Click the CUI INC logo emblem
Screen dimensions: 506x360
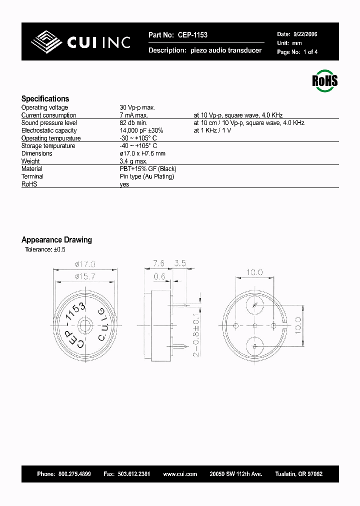(x=47, y=42)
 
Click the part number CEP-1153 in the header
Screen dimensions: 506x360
(x=191, y=35)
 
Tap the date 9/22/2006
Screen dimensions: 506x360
(x=304, y=34)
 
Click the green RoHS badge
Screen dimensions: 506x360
(x=325, y=81)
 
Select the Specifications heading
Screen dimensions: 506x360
(x=45, y=99)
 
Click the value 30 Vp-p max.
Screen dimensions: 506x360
(x=137, y=107)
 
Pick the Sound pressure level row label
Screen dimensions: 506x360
(x=49, y=123)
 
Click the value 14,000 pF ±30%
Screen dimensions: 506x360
(x=141, y=130)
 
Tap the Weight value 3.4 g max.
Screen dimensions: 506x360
(x=133, y=161)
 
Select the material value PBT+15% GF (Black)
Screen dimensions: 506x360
(x=148, y=169)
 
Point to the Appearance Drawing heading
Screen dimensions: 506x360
(x=56, y=240)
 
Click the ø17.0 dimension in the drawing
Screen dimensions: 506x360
(x=85, y=263)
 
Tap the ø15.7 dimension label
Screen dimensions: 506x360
(x=85, y=276)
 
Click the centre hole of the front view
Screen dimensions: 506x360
(x=84, y=325)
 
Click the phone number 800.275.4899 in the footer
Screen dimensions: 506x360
(x=74, y=474)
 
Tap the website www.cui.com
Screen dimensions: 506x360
(x=180, y=474)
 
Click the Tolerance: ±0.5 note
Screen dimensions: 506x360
(x=45, y=249)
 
